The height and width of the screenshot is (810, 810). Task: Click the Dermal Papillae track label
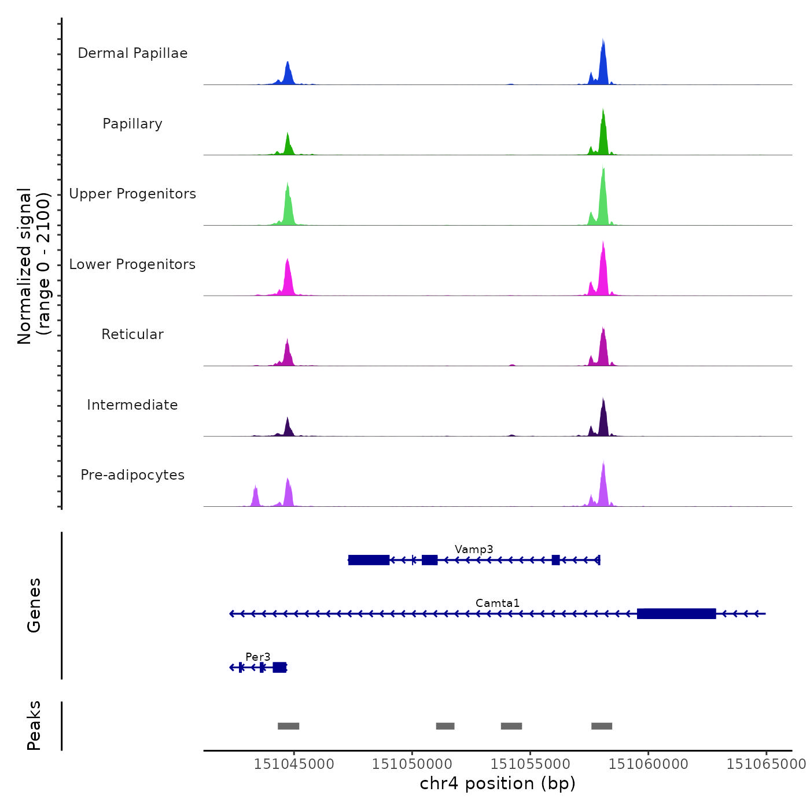coord(132,53)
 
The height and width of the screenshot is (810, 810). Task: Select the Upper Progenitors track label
coord(132,194)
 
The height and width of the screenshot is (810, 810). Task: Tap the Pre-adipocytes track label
coord(132,475)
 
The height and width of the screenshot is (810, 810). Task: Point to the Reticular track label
coord(132,334)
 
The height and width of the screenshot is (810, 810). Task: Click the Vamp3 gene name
coord(474,549)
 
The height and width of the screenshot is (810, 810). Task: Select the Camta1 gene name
coord(498,603)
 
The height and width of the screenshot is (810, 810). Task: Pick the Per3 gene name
coord(258,657)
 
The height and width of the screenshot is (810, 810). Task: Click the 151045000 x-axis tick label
coord(294,764)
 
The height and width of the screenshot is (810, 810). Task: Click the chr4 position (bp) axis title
coord(498,783)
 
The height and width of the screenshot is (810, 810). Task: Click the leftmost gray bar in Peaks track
coord(288,726)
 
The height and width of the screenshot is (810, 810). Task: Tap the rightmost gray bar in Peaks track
coord(602,726)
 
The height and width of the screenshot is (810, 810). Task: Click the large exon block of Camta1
coord(676,614)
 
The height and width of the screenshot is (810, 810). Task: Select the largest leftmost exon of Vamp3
coord(369,560)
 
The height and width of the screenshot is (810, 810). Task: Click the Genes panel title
coord(34,605)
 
